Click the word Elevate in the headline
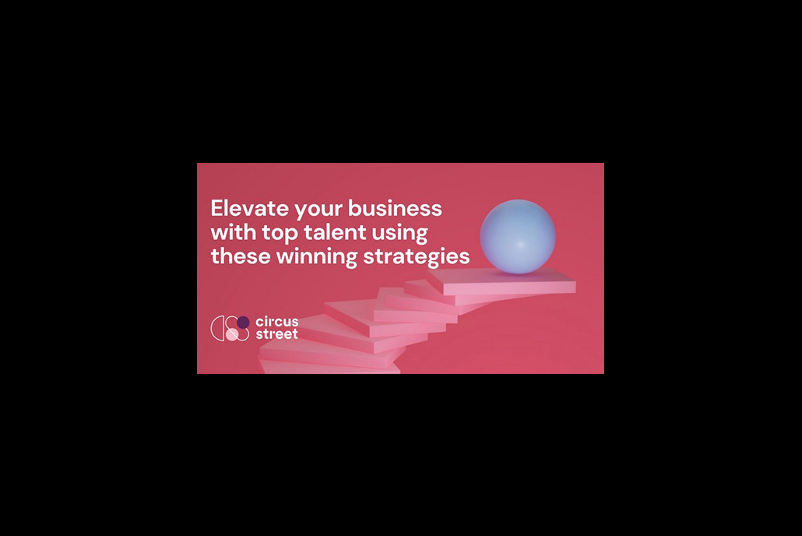click(x=250, y=208)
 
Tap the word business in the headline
click(x=395, y=208)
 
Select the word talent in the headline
click(x=335, y=232)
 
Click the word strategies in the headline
click(x=417, y=257)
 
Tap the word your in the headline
click(x=318, y=210)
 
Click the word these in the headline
click(x=241, y=256)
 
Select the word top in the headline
click(x=280, y=234)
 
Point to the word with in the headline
click(x=234, y=232)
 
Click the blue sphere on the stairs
click(x=518, y=237)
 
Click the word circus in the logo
click(x=276, y=322)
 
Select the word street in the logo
click(x=276, y=334)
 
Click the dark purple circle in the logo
click(x=243, y=322)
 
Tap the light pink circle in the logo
click(x=232, y=335)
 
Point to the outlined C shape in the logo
click(x=214, y=328)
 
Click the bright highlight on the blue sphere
click(x=519, y=245)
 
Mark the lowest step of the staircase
click(x=330, y=367)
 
